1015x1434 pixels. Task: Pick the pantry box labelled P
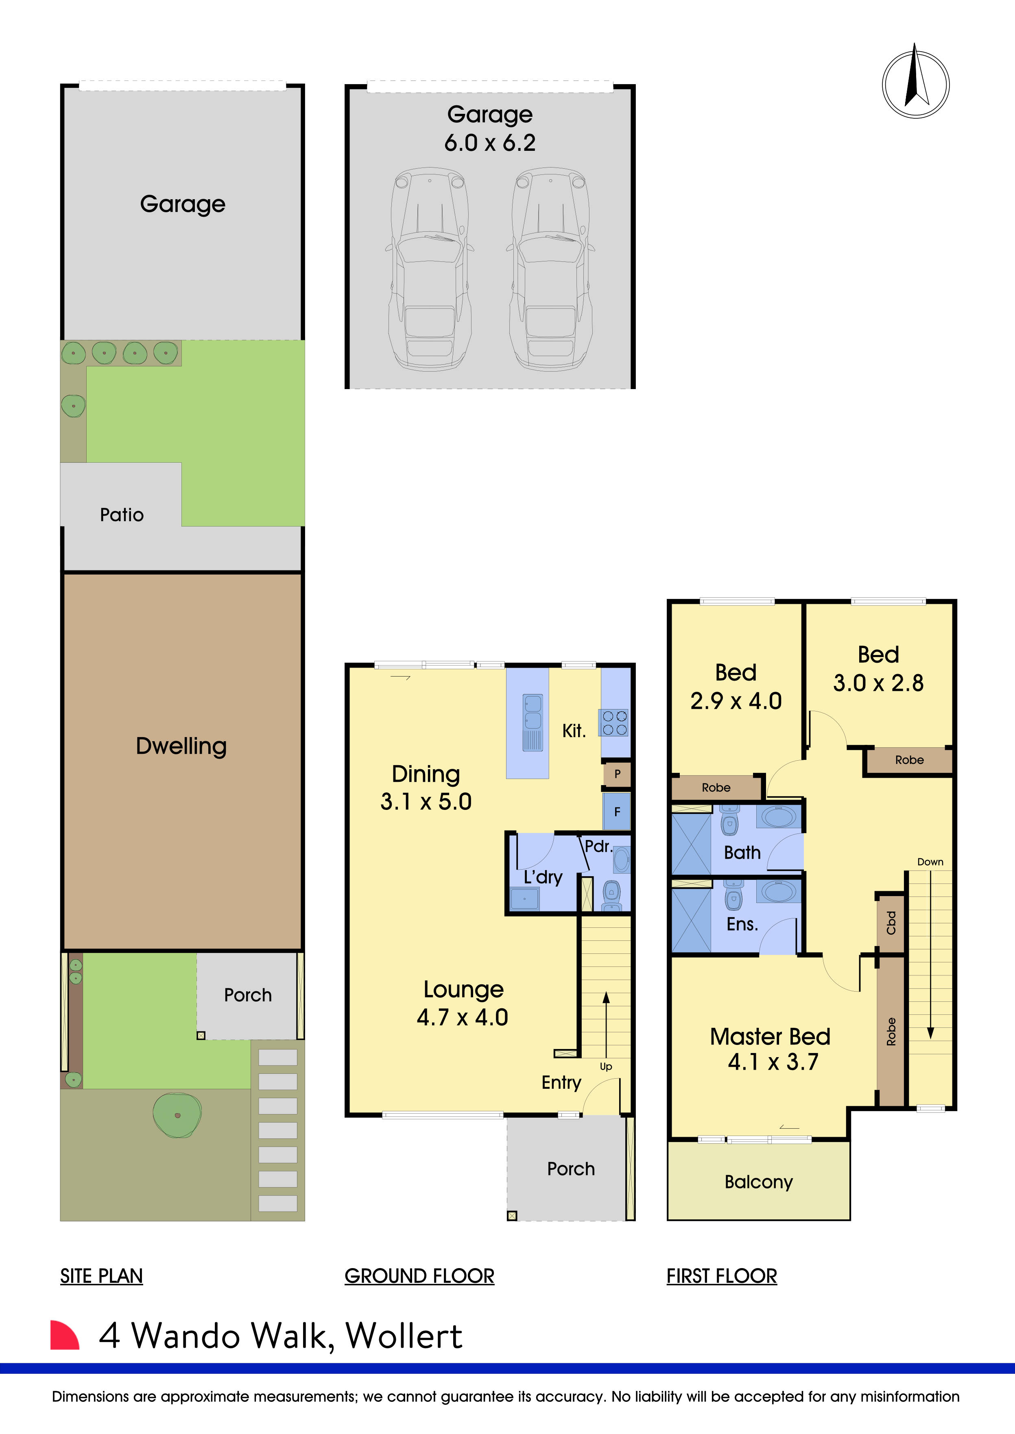click(x=617, y=774)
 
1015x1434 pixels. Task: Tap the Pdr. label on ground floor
click(x=598, y=846)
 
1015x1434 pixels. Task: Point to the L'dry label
click(x=543, y=877)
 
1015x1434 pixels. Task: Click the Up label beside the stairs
click(x=606, y=1066)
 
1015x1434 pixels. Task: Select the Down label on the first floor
click(x=930, y=862)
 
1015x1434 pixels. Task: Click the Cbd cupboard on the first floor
click(x=891, y=923)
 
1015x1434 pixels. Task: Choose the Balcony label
click(x=758, y=1182)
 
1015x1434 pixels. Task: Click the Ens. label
click(x=742, y=925)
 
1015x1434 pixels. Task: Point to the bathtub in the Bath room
click(x=778, y=816)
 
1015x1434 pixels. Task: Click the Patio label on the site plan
click(x=122, y=515)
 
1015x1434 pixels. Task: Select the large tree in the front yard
click(x=177, y=1115)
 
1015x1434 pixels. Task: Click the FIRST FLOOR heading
click(x=721, y=1275)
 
